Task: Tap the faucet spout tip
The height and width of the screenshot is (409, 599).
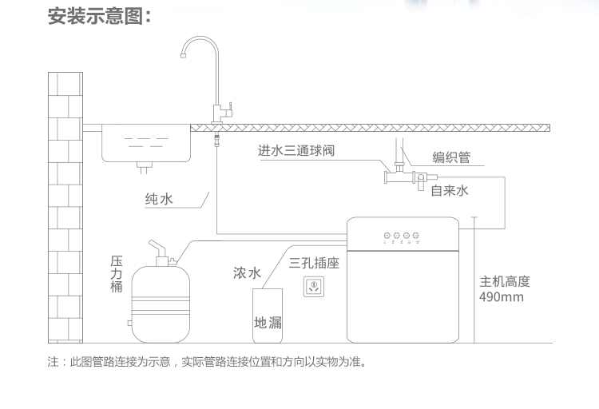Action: coord(183,56)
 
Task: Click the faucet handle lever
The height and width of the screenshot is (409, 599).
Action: coord(230,106)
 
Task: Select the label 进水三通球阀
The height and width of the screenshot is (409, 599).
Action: coord(296,151)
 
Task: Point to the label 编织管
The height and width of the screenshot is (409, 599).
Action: coord(451,157)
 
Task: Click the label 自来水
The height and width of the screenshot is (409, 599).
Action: coord(450,190)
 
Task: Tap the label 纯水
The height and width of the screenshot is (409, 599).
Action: coord(159,199)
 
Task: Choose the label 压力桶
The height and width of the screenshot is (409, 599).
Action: coord(117,274)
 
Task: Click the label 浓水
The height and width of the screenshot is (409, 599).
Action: coord(247,273)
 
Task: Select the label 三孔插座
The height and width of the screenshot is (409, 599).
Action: coord(314,263)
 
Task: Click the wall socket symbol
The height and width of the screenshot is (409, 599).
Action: coord(314,286)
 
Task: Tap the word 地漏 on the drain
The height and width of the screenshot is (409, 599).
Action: coord(268,323)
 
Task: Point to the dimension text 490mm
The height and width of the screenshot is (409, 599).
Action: coord(502,296)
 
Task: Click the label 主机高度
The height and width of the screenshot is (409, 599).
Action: coord(505,282)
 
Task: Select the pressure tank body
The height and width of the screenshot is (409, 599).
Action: coord(161,304)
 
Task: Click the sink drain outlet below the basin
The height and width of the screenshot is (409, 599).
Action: coord(144,168)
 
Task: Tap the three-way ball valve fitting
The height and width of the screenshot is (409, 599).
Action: coord(399,176)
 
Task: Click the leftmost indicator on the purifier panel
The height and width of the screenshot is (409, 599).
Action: coord(387,236)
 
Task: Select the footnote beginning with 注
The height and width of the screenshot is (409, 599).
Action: coord(207,361)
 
